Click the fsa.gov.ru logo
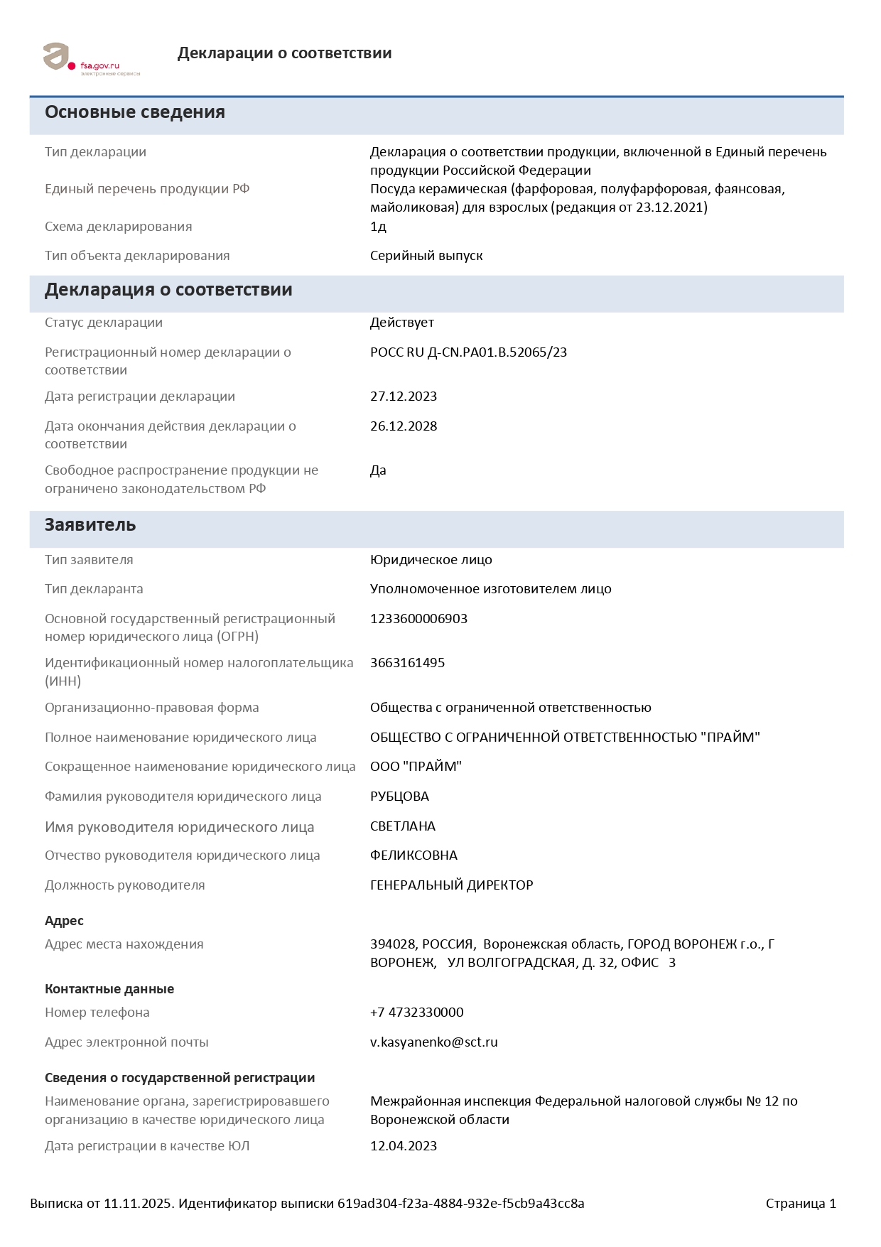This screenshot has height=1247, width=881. click(x=91, y=59)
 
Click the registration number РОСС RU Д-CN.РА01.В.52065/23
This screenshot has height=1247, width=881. click(x=468, y=352)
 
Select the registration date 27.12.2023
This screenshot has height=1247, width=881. click(x=403, y=396)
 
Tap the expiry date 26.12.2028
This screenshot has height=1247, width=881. click(x=403, y=426)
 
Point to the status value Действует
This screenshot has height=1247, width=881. click(x=401, y=323)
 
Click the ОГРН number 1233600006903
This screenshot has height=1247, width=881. click(x=418, y=619)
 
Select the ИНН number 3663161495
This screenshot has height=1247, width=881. click(x=407, y=663)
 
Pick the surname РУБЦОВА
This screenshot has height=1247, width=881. click(x=399, y=797)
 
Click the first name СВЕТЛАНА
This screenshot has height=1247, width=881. click(x=402, y=826)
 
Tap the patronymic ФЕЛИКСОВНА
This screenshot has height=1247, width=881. click(x=414, y=855)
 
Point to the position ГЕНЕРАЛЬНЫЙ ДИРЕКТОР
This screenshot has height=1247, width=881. click(x=451, y=885)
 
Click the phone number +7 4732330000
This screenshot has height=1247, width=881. click(x=416, y=1013)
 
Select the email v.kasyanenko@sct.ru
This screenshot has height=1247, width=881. click(x=433, y=1042)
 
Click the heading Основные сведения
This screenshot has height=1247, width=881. click(x=135, y=112)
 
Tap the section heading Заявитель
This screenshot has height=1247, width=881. click(x=90, y=525)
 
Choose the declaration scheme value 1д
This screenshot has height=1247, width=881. click(x=378, y=227)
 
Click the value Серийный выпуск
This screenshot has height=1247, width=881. click(x=426, y=256)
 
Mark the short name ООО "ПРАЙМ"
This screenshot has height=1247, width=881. click(x=416, y=767)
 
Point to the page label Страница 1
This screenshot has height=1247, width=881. click(x=801, y=1204)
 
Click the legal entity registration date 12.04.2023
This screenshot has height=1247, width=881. click(x=403, y=1146)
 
